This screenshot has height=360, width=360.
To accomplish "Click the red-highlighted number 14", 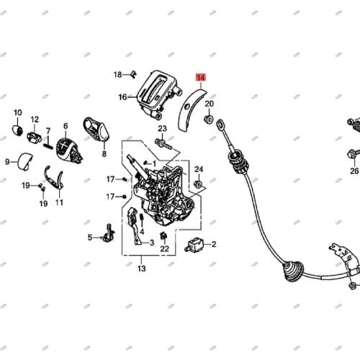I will tap(200, 76).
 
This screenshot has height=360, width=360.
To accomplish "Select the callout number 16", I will tap(122, 97).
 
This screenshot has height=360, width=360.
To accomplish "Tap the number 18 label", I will tap(118, 74).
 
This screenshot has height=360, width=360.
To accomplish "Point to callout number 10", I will tap(17, 112).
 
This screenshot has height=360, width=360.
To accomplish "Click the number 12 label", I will tap(35, 120).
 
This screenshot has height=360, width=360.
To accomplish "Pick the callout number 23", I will tap(163, 128).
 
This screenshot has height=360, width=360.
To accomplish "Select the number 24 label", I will tap(199, 169).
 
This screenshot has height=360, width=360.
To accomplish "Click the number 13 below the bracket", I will tap(141, 269).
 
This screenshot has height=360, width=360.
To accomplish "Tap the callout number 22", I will tap(165, 249).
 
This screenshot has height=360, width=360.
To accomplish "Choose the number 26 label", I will tap(354, 171).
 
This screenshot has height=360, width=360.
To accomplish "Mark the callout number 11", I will tap(59, 203).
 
